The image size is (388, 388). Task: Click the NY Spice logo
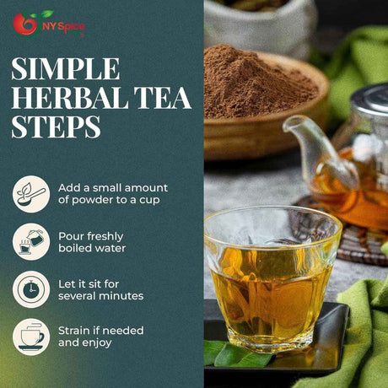pos(49,24)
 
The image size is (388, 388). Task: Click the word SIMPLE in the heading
pos(66,69)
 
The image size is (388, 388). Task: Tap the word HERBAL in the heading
pos(70,98)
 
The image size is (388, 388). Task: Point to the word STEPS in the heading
pos(56,127)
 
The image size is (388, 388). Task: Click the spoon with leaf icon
pos(31,194)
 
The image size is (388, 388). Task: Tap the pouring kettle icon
pos(31,242)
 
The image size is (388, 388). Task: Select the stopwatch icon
pos(31,289)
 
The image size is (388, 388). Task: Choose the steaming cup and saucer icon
pos(31,337)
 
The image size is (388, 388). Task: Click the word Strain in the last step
pos(74,331)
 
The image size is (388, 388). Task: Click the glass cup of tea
pos(272,278)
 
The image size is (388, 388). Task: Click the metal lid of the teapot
pos(371,97)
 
